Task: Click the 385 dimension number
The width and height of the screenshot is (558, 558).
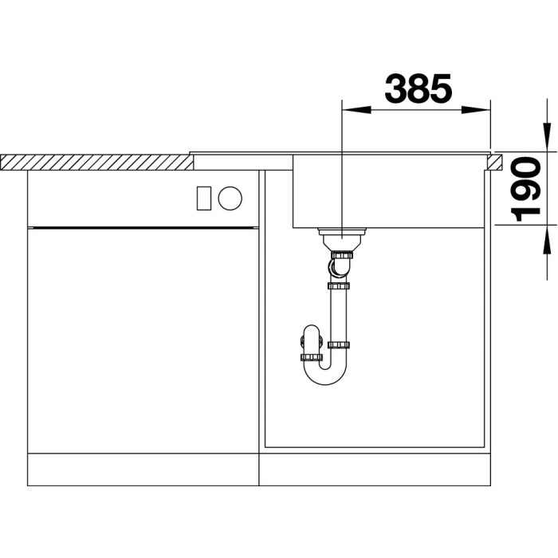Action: click(418, 88)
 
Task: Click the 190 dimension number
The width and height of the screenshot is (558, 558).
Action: click(525, 190)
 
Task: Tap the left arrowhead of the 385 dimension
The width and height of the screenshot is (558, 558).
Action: click(356, 110)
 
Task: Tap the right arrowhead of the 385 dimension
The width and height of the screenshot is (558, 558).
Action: click(476, 110)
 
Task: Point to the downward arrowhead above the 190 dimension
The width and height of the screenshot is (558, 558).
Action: click(547, 137)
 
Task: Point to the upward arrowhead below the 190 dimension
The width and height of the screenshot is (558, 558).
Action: click(547, 239)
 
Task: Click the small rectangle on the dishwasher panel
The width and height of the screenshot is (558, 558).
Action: click(204, 198)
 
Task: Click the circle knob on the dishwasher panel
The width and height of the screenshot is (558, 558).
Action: click(230, 198)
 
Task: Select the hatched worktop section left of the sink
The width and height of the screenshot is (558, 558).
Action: click(96, 163)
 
